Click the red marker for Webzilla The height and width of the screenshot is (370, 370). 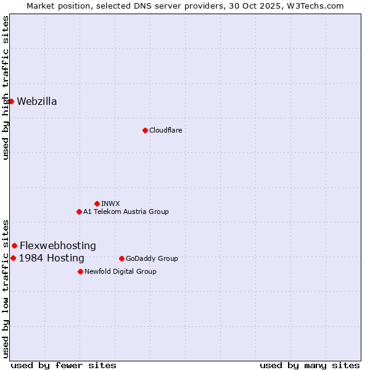coord(11,101)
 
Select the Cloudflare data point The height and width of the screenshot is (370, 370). coord(145,130)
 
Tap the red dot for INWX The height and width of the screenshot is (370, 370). coord(97,203)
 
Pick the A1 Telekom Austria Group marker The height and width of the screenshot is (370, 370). coord(79,212)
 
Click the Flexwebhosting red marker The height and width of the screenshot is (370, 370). coord(14,245)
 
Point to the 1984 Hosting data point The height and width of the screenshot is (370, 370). coord(13,258)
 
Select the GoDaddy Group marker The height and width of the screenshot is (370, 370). coord(121,258)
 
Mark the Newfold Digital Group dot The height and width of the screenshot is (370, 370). coord(80,271)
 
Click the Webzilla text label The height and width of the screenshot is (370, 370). coord(37,102)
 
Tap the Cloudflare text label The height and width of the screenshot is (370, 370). coord(166,130)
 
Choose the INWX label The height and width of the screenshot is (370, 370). coord(111,203)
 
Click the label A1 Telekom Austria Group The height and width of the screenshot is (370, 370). coord(126,212)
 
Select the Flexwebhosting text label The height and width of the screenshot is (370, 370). coord(58,245)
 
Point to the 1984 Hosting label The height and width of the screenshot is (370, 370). coord(52,258)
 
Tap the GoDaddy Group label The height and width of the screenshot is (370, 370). coord(152,258)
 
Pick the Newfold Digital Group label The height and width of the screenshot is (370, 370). coord(120,271)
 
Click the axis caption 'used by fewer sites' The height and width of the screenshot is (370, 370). coord(64,365)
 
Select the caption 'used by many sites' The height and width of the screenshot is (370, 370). coord(310,365)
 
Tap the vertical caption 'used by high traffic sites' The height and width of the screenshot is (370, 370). coord(6,88)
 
